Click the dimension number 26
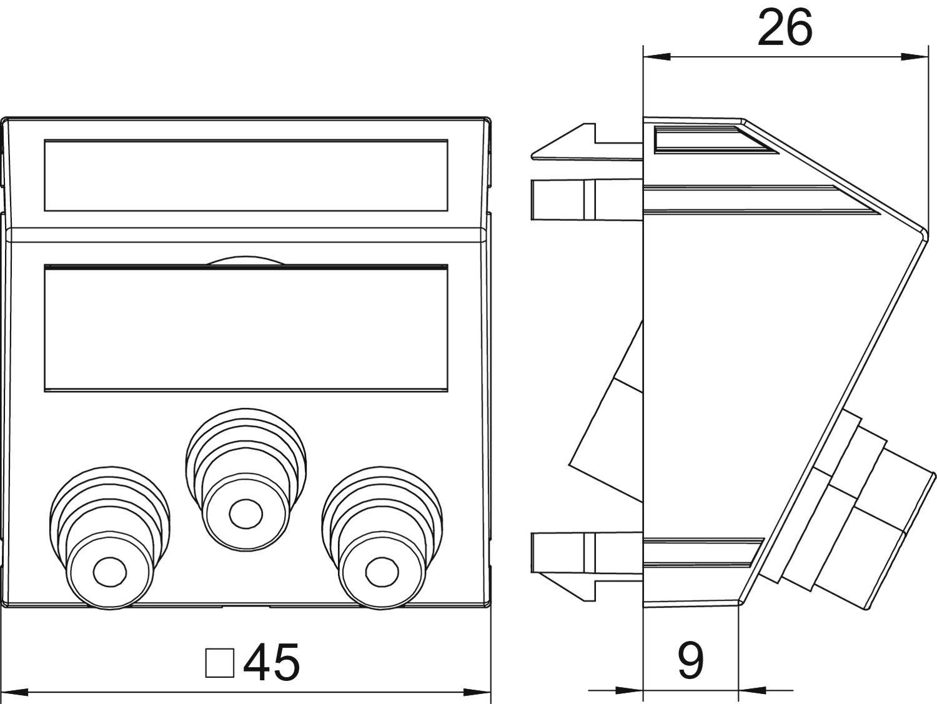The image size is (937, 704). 785,28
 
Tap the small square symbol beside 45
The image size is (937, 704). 220,663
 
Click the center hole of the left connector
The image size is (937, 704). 110,572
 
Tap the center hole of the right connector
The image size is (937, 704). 382,572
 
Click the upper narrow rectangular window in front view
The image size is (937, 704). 246,175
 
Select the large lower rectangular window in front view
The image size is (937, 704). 246,328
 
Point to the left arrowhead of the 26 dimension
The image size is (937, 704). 656,56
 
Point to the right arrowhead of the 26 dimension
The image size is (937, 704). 915,56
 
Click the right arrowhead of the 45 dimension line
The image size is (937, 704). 477,692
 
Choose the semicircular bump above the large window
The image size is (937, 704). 245,260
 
